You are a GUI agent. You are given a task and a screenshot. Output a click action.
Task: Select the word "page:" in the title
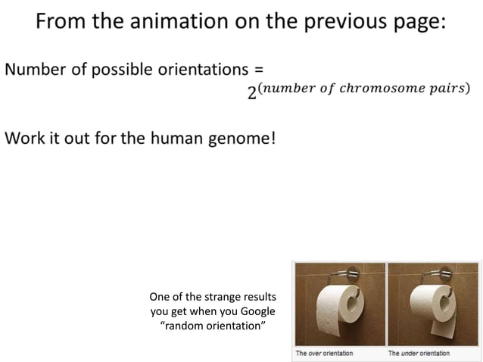tap(415, 23)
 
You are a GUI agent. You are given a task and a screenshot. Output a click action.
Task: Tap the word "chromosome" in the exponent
tap(379, 88)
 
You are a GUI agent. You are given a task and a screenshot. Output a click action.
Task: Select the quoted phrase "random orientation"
tap(213, 326)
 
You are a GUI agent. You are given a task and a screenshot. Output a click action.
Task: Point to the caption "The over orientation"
tap(324, 353)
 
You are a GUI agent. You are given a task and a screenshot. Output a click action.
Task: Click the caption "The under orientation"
tap(419, 353)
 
